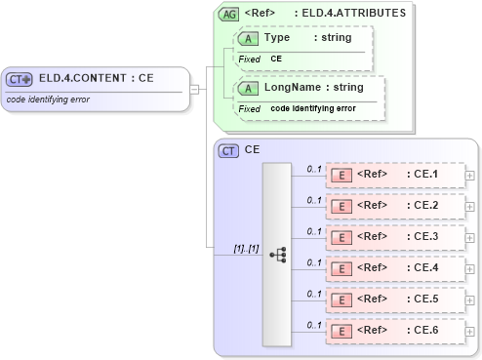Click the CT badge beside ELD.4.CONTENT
point(20,79)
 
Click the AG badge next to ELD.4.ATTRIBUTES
point(229,15)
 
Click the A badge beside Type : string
point(248,38)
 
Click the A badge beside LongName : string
point(248,88)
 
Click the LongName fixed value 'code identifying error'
point(312,108)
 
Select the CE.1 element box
point(395,175)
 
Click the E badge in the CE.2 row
point(341,206)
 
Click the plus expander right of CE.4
point(471,268)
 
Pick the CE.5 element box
point(395,300)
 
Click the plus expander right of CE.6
point(471,331)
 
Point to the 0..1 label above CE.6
point(314,324)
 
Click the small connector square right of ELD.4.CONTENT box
point(194,90)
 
